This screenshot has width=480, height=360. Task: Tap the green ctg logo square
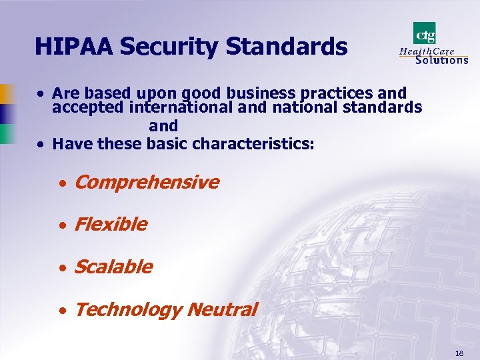pyautogui.click(x=425, y=32)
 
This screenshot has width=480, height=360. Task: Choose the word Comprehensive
pyautogui.click(x=147, y=182)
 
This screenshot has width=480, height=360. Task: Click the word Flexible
pyautogui.click(x=111, y=225)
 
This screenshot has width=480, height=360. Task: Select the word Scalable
pyautogui.click(x=113, y=267)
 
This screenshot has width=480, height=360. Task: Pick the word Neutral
pyautogui.click(x=222, y=310)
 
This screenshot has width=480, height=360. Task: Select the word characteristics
pyautogui.click(x=253, y=143)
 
